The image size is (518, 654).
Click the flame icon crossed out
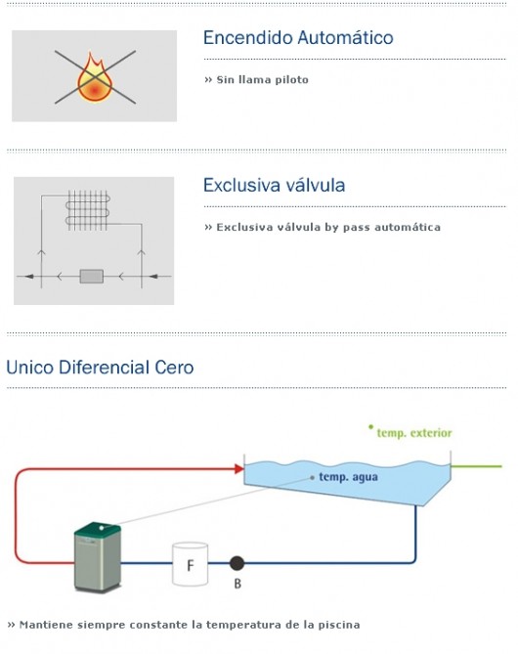(95, 77)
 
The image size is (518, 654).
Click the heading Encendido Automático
(298, 37)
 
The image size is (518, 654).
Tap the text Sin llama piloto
(262, 79)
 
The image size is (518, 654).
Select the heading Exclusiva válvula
(274, 185)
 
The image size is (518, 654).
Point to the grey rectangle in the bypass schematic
(92, 276)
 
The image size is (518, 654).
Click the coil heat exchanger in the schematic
(88, 210)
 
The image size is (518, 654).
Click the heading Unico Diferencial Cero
(100, 368)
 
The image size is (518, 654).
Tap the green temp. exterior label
(414, 433)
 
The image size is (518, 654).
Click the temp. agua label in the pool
(348, 477)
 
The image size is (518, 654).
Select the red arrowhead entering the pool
(239, 469)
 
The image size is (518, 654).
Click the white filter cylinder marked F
(191, 564)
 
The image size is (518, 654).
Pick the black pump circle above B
(237, 563)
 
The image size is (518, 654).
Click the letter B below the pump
(237, 584)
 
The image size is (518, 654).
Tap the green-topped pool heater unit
(98, 557)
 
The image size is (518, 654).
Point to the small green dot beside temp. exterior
(370, 426)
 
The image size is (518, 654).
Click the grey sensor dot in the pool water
(312, 478)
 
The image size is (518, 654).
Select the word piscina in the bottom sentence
(339, 625)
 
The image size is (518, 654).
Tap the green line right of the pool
(476, 466)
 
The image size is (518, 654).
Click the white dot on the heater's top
(102, 528)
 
